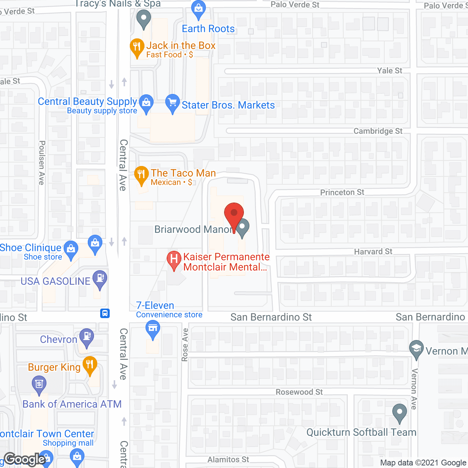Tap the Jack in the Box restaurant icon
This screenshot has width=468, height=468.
coord(137,47)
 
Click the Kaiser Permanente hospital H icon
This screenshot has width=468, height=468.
coord(174,260)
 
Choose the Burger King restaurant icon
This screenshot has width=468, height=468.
coord(90,365)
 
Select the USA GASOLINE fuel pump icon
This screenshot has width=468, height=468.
coord(100,279)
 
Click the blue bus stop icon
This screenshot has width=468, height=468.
coord(105,313)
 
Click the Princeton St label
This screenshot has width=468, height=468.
coord(342,192)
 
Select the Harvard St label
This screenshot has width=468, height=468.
coord(373,252)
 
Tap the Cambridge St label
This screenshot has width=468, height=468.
coord(378,131)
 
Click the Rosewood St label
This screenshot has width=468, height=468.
coord(299,392)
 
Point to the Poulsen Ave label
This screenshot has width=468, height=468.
coord(42,163)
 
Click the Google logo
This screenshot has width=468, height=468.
coord(24,459)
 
